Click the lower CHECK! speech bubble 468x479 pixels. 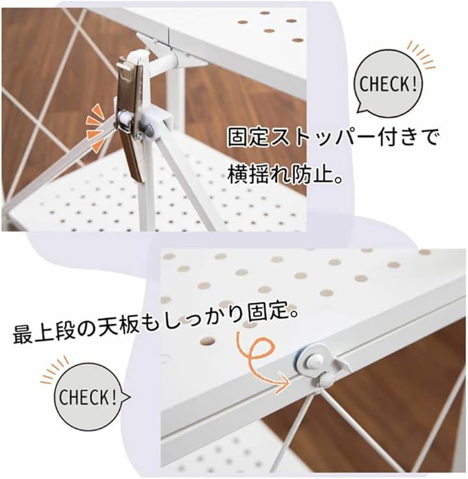(88, 397)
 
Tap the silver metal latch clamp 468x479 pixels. (130, 117)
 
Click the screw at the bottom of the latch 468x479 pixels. (139, 137)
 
